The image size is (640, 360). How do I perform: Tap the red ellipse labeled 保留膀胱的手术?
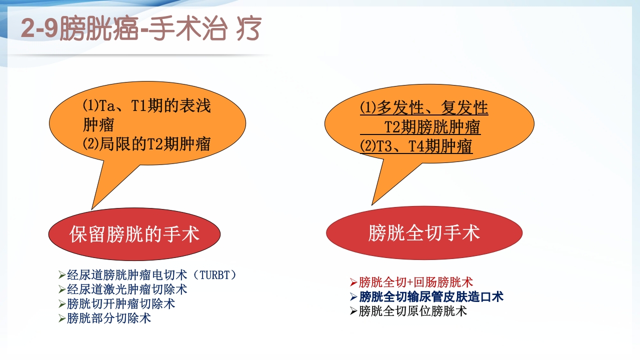[x=134, y=234]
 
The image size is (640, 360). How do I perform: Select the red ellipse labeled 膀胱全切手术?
[x=424, y=232]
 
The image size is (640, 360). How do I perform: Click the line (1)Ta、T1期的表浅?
[x=146, y=106]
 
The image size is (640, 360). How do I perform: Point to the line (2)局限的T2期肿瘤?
[x=146, y=144]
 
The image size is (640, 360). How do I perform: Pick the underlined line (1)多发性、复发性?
[x=424, y=108]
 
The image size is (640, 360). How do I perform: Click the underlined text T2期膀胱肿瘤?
[x=432, y=127]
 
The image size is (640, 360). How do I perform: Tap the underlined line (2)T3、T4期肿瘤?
[x=416, y=146]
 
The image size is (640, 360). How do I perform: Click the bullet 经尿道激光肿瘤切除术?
[x=127, y=289]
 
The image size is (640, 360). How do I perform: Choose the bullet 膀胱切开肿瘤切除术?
[x=121, y=303]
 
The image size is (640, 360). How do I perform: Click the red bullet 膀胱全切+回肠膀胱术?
[x=415, y=282]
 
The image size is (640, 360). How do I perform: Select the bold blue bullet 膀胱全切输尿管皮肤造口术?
[x=431, y=296]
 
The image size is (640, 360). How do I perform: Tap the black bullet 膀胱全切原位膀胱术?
[x=412, y=311]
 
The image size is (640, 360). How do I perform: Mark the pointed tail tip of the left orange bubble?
[x=92, y=208]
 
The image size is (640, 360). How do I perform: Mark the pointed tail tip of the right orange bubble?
[x=372, y=204]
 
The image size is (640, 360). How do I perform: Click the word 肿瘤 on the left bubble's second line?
[x=98, y=125]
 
